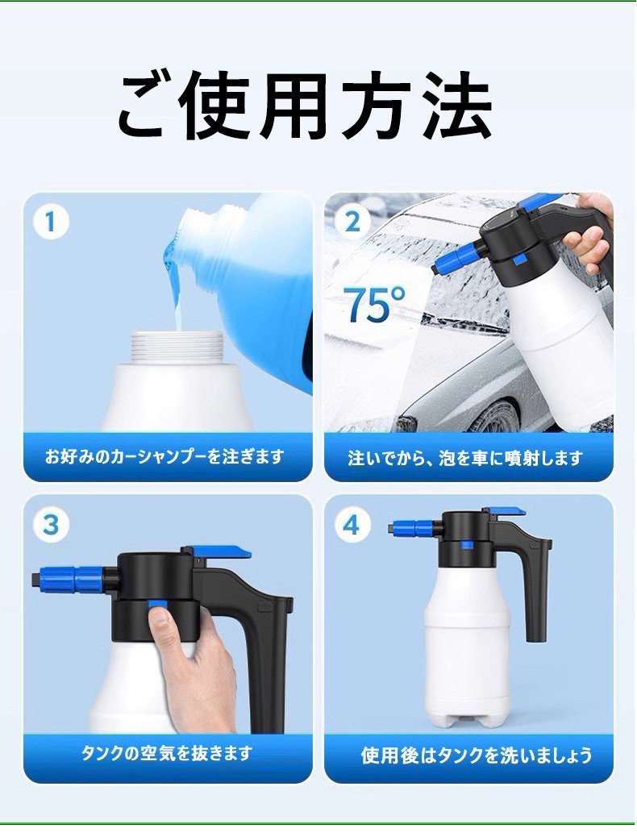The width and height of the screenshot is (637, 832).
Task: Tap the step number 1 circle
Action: [51, 222]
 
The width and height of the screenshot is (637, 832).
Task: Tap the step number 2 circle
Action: [352, 222]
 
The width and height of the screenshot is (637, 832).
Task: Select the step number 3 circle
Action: [51, 526]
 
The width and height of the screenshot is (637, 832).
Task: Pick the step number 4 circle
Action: [352, 526]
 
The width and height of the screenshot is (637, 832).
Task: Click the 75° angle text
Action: [376, 304]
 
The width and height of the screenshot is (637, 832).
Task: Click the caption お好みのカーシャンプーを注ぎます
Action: [165, 457]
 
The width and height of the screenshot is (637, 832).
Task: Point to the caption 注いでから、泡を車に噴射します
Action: [465, 458]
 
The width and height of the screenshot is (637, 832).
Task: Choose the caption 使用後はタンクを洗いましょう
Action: [476, 755]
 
